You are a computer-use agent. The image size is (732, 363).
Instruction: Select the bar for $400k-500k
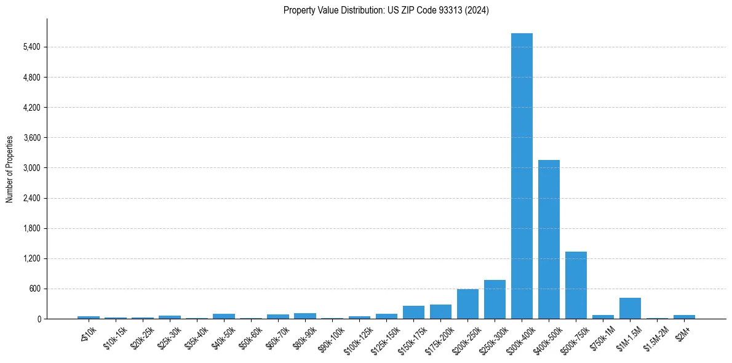tap(549, 239)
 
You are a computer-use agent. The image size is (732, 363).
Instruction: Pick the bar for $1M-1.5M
tap(630, 308)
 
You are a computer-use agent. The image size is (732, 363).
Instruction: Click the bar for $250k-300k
tap(495, 300)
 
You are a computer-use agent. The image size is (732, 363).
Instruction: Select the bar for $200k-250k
tap(467, 304)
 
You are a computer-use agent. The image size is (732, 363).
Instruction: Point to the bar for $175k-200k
tap(440, 311)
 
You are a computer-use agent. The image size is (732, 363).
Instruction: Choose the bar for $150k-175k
tap(413, 312)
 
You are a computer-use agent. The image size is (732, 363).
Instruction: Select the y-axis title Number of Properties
tap(10, 169)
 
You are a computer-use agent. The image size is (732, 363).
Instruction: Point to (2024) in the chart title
tap(477, 10)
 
